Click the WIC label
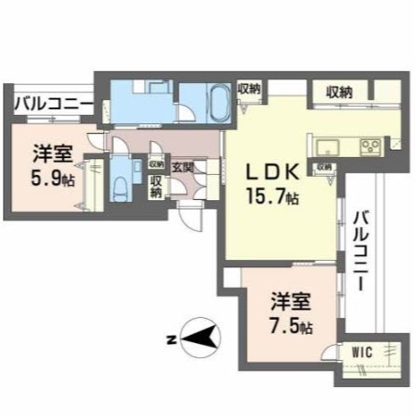coord(362,352)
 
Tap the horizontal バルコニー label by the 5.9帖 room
coord(52,102)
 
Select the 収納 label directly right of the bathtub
coord(249,89)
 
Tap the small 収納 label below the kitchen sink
coord(323,167)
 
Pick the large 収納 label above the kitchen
coord(339,92)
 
